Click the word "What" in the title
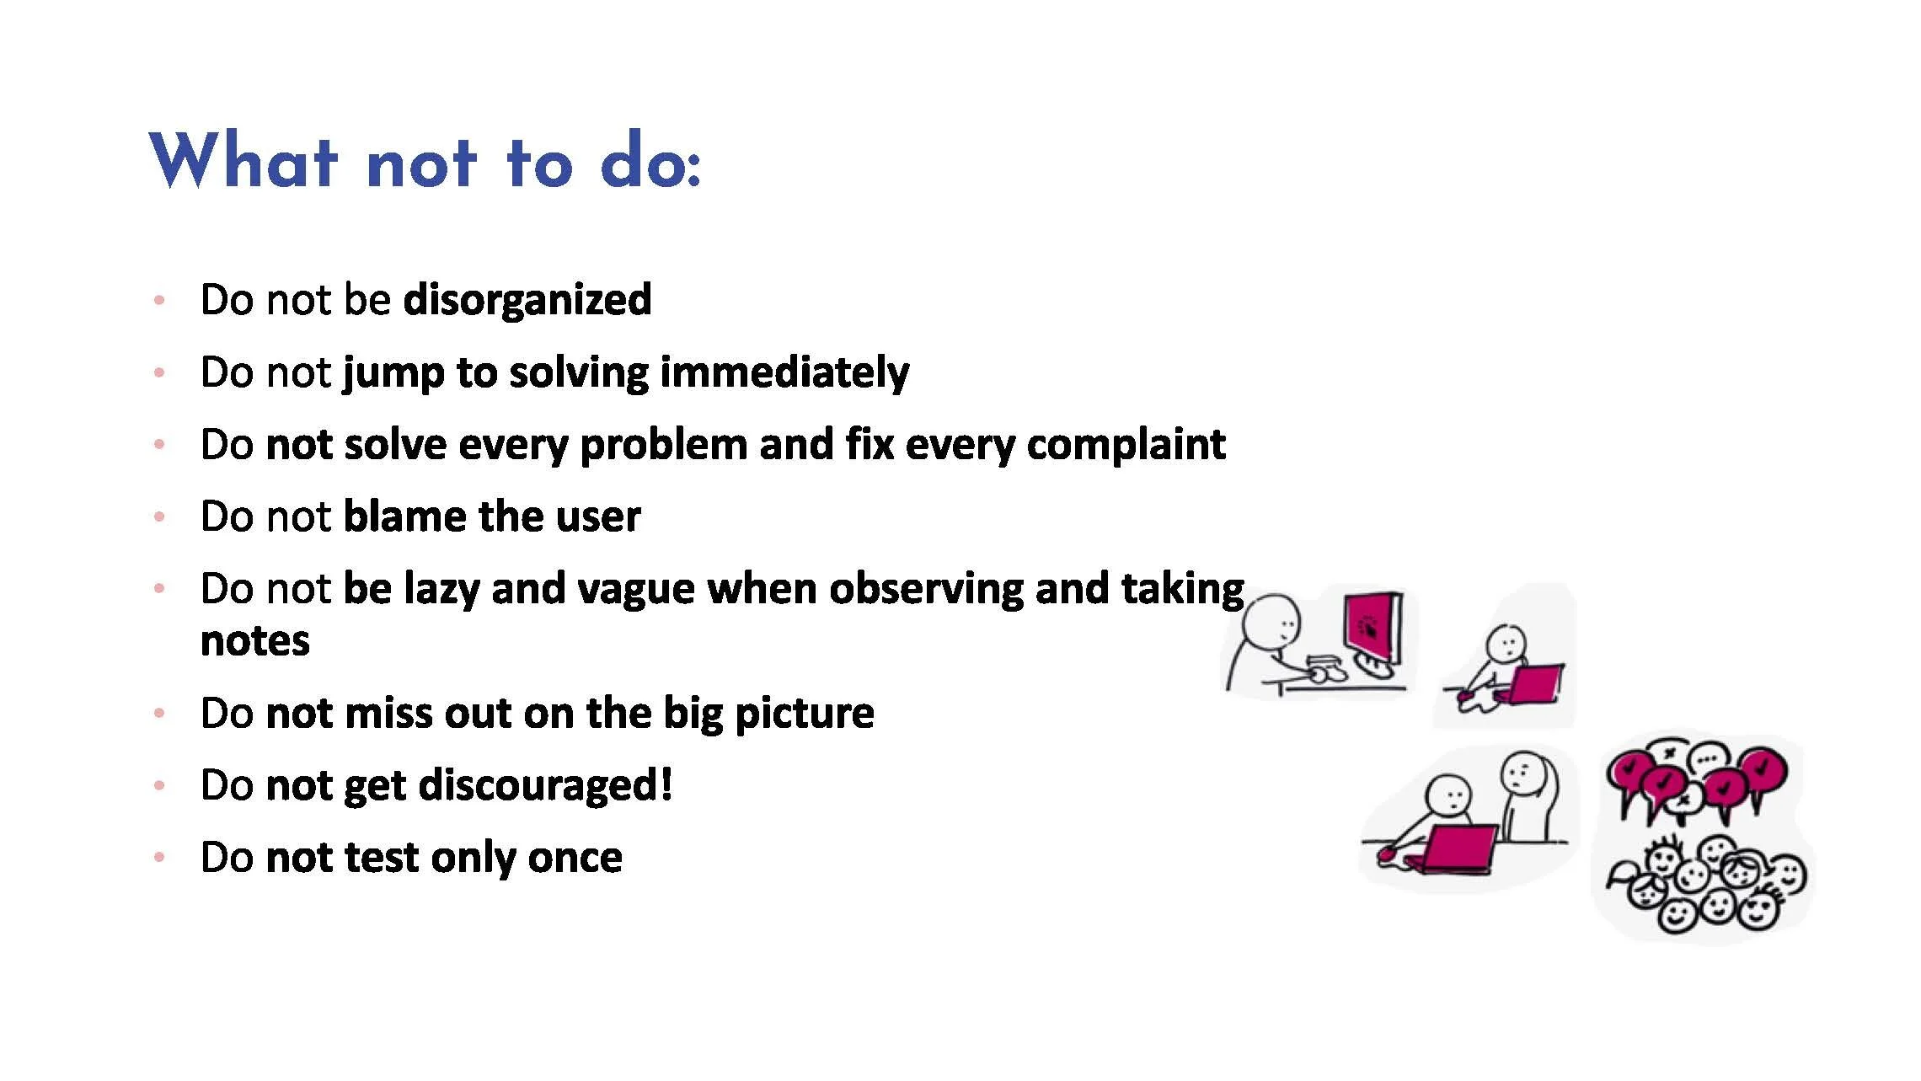pyautogui.click(x=244, y=161)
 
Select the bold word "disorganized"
pyautogui.click(x=527, y=299)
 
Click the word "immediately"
pyautogui.click(x=784, y=372)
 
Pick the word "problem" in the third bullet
pyautogui.click(x=663, y=446)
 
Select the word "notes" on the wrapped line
pyautogui.click(x=255, y=640)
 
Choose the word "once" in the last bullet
pyautogui.click(x=575, y=857)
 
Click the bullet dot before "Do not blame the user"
pyautogui.click(x=158, y=516)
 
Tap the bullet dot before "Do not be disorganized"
pyautogui.click(x=158, y=300)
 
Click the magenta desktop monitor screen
pyautogui.click(x=1369, y=628)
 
